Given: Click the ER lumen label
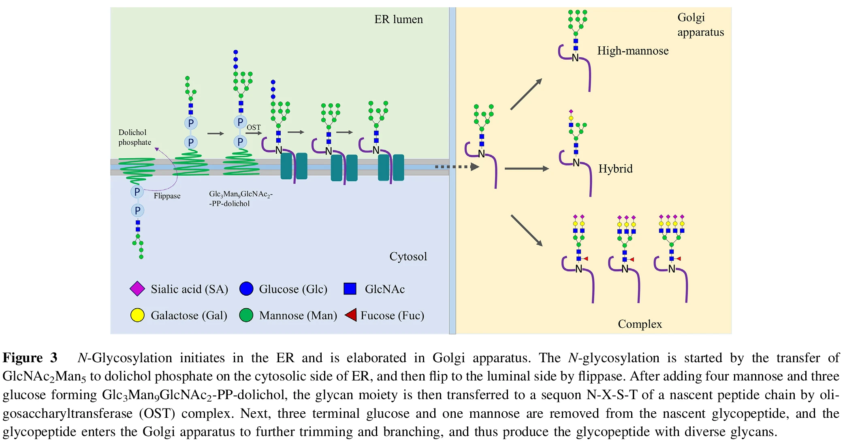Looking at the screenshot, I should click(x=398, y=19).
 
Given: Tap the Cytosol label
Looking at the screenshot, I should click(x=408, y=256).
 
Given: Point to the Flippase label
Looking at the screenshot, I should click(x=167, y=196).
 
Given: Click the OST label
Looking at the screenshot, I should click(x=254, y=127).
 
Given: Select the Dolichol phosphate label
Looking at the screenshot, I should click(x=134, y=137).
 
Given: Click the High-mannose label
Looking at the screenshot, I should click(x=632, y=51).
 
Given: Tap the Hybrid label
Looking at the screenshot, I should click(x=615, y=169).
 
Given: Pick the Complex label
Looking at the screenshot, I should click(x=640, y=324).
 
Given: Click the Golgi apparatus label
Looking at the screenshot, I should click(x=700, y=25).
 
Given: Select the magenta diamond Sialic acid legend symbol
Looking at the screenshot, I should click(x=137, y=289).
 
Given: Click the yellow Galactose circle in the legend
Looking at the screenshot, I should click(x=137, y=315).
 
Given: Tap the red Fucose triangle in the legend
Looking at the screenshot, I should click(x=351, y=315).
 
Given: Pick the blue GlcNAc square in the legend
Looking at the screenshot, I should click(x=350, y=289).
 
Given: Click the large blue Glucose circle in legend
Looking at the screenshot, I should click(x=246, y=289).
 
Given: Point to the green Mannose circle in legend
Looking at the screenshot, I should click(x=246, y=315).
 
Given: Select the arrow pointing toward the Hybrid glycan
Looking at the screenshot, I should click(x=527, y=169).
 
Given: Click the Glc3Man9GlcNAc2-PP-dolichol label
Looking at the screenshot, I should click(x=241, y=199).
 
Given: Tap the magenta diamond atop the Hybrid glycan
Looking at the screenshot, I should click(x=571, y=111).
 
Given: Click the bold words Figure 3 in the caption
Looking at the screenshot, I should click(x=30, y=358).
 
